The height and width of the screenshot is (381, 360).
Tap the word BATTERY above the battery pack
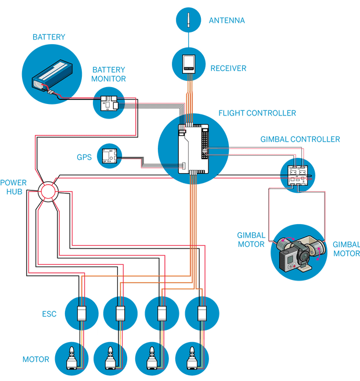pos(49,38)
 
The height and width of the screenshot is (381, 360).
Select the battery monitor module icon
pos(109,103)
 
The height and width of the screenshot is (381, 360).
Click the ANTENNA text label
pos(227,20)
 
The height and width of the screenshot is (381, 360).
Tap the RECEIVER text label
pos(228,69)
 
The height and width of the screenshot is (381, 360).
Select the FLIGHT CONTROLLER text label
pos(258,112)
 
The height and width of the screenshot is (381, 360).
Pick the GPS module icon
pos(109,156)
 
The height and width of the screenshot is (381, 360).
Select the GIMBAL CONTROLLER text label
pos(300,140)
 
